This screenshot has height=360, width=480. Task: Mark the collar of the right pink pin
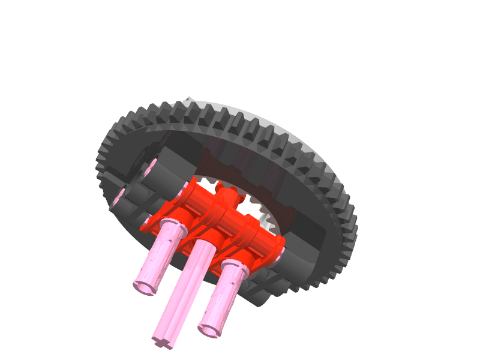[x=235, y=268]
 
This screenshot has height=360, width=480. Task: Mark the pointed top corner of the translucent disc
[x=189, y=98]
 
